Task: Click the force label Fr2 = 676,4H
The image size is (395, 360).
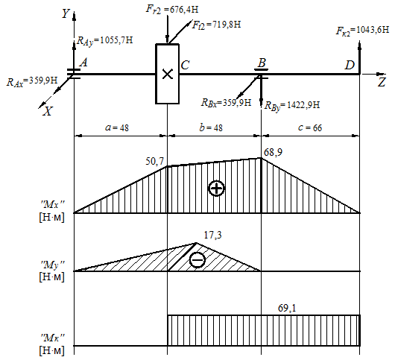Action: pos(172,10)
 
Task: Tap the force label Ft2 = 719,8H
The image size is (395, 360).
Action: pos(216,25)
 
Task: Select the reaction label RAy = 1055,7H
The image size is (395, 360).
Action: pos(104,40)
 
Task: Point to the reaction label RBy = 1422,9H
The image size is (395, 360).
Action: pos(292,105)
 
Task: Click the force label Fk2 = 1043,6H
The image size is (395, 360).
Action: pos(362,31)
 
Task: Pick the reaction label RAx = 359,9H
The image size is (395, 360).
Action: pos(32,82)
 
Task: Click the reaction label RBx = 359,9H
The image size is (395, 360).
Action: pos(226,103)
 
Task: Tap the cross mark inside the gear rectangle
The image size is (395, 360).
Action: pos(167,74)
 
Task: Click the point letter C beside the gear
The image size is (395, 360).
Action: pos(185,66)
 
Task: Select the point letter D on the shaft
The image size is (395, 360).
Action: pos(350,66)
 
